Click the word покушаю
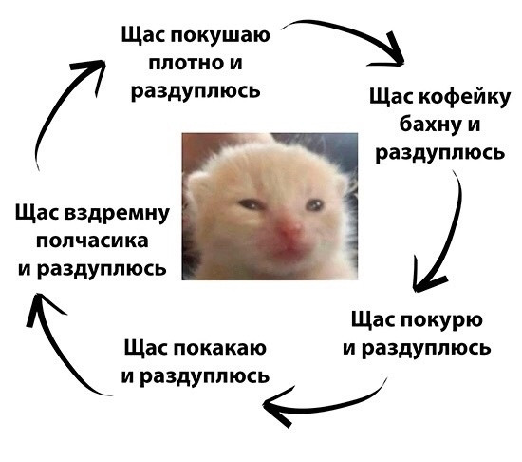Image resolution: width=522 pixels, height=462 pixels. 220,36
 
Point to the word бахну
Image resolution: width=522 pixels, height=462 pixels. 428,125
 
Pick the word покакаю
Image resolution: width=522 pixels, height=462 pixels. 220,348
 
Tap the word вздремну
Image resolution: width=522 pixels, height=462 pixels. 117,214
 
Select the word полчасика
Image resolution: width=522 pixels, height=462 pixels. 92,241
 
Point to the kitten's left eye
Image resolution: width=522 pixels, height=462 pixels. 314,204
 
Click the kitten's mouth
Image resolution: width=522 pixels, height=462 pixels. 288,249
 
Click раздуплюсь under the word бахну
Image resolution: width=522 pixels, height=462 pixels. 440,154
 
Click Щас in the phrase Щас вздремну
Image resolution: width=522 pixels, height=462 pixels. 37,214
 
